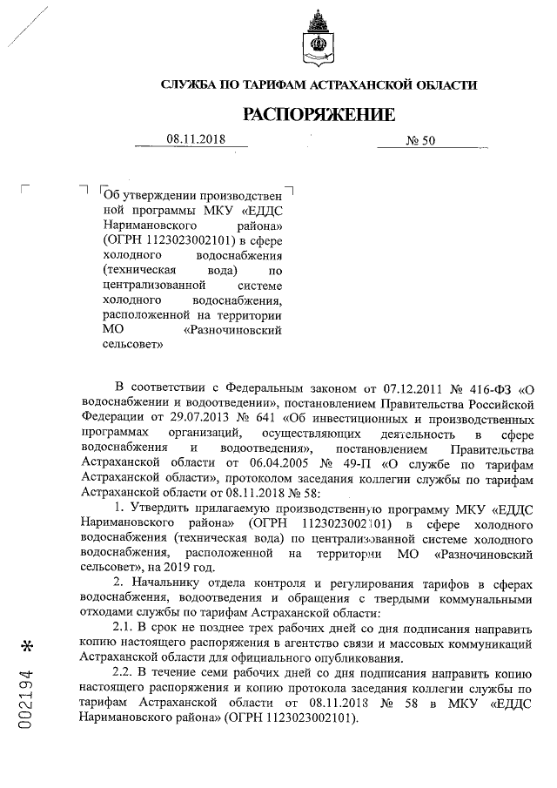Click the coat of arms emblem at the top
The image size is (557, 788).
[x=319, y=44]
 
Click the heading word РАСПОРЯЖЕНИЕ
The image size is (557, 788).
[x=319, y=114]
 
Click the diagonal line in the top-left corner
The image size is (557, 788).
[x=23, y=26]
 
